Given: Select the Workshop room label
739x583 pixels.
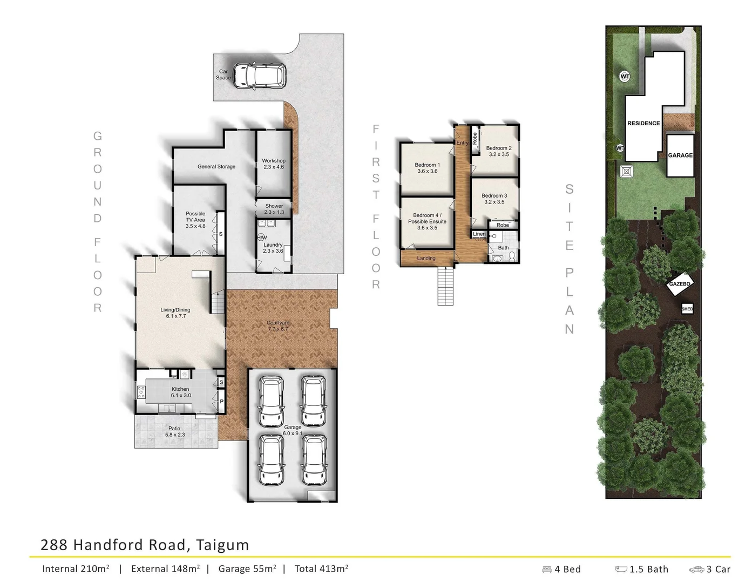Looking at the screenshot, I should click(x=274, y=164).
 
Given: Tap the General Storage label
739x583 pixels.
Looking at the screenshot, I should click(x=216, y=167).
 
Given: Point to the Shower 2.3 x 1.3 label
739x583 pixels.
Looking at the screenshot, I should click(x=274, y=209).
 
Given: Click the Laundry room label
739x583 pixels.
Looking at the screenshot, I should click(x=273, y=248).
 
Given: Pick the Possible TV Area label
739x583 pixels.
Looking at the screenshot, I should click(x=195, y=220).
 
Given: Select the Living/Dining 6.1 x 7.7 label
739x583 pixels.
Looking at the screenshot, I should click(x=175, y=313).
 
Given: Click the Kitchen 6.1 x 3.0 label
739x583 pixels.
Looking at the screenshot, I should click(x=180, y=392).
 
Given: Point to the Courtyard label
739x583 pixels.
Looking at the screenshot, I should click(x=278, y=326).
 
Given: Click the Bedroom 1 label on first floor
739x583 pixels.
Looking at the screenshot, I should click(x=427, y=168).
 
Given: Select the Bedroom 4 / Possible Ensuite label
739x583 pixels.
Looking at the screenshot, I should click(x=427, y=221).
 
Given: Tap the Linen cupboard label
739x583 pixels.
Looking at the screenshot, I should click(x=479, y=234).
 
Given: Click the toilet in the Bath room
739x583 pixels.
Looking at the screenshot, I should click(x=497, y=259).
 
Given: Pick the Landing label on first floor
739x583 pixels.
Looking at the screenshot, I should click(x=426, y=259).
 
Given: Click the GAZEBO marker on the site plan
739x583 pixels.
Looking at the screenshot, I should click(x=680, y=284).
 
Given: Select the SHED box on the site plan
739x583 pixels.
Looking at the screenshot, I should click(x=687, y=309).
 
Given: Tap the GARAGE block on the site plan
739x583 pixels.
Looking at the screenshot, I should click(x=680, y=155).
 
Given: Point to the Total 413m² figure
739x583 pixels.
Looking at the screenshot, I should click(x=321, y=568).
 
